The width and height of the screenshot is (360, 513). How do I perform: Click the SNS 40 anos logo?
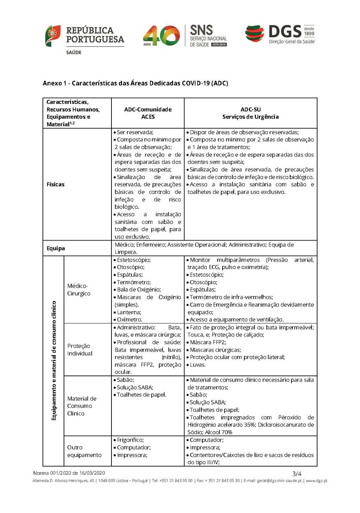[185, 36]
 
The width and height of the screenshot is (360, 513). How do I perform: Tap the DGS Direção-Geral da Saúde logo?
[280, 35]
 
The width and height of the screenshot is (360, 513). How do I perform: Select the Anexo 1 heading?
[135, 83]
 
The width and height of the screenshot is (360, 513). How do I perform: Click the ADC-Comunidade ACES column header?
[148, 113]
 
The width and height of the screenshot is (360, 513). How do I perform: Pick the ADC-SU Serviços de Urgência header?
[250, 113]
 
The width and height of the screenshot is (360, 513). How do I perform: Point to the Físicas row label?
[56, 184]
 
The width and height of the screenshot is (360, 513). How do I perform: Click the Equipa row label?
[56, 248]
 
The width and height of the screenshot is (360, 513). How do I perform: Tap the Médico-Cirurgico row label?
[79, 290]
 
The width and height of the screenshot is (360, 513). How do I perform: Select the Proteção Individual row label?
[80, 350]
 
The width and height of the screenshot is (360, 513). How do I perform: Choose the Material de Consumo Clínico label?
[82, 406]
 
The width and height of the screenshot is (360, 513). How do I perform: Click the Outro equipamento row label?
[84, 451]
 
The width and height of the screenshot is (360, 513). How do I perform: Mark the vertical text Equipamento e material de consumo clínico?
[54, 360]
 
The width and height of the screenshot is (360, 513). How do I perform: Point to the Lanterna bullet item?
[129, 312]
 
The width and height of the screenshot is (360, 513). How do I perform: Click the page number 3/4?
[297, 473]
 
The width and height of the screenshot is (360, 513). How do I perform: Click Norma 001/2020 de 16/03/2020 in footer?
[69, 473]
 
